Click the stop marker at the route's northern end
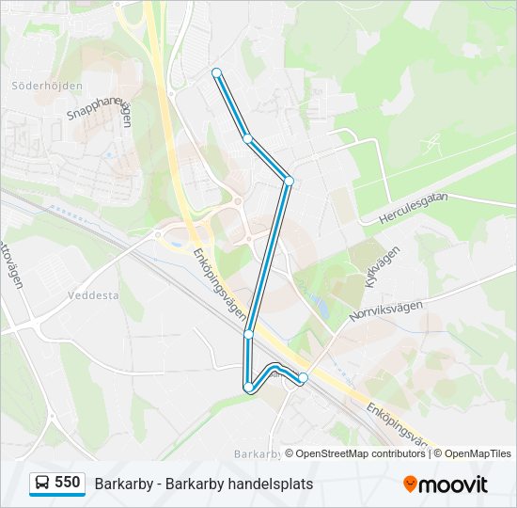216,72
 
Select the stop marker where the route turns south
289,180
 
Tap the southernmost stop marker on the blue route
248,387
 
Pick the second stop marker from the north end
248,138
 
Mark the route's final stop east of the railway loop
303,377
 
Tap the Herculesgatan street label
414,209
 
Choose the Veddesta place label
93,294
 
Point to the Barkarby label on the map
256,452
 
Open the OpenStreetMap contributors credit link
355,453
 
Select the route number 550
67,483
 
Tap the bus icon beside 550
41,484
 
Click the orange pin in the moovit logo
410,484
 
